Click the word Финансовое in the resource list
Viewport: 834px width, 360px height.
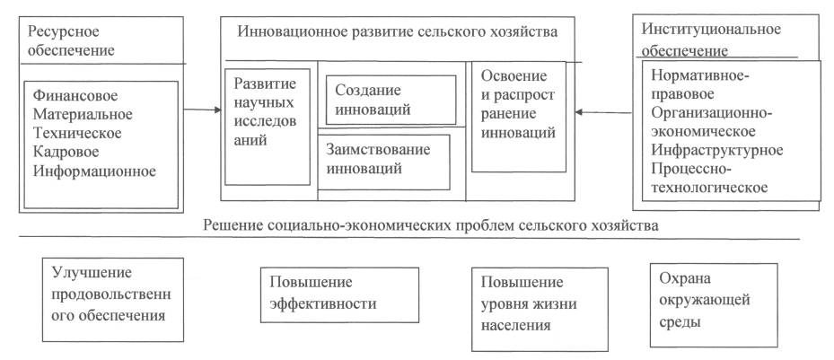click(75, 96)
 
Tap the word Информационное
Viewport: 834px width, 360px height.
click(94, 171)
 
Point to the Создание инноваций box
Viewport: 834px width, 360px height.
click(391, 100)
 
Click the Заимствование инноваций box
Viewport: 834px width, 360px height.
click(383, 162)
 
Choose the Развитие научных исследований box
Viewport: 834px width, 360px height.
click(267, 127)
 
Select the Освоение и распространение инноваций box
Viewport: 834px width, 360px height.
click(519, 117)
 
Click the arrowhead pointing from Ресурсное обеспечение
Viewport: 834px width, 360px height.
click(217, 110)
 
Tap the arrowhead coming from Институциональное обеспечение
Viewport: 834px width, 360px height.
click(580, 112)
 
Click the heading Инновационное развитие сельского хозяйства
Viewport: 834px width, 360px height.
click(398, 32)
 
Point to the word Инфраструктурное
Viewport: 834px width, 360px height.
click(717, 150)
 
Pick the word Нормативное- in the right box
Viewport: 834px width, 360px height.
click(700, 76)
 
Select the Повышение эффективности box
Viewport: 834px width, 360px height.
click(339, 294)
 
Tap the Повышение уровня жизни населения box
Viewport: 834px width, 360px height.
click(540, 309)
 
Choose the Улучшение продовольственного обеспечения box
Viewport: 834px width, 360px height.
click(113, 299)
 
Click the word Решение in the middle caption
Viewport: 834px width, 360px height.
click(230, 225)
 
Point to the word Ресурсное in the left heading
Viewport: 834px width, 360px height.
click(64, 31)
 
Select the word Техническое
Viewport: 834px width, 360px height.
click(77, 133)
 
